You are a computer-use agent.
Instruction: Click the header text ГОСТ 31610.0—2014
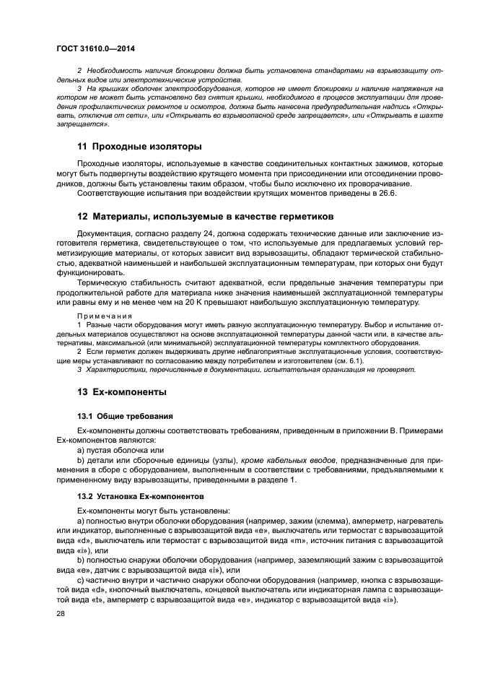(x=95, y=48)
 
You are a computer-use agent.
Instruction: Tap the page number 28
(x=61, y=613)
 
